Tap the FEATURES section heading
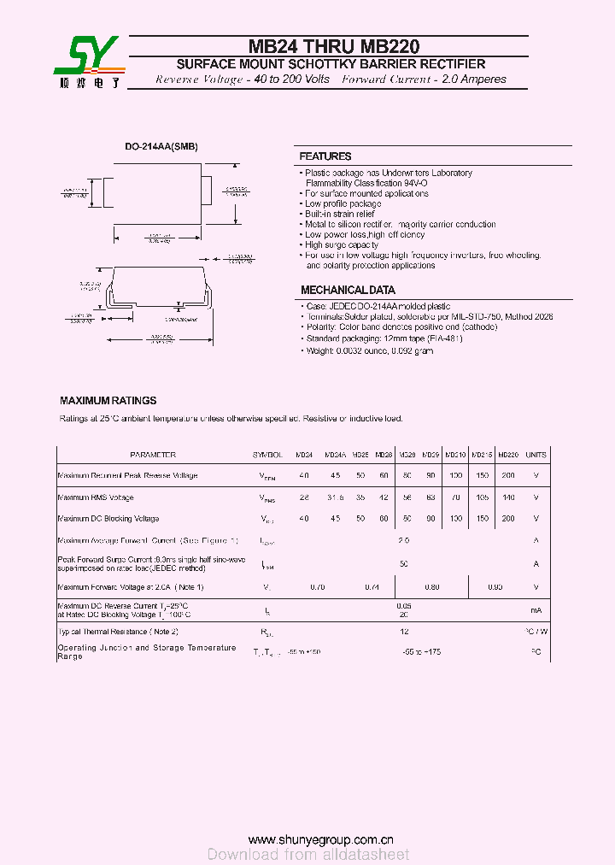(x=325, y=156)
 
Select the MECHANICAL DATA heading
(x=348, y=290)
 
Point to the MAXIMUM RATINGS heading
(x=108, y=400)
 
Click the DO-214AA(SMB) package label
(x=161, y=146)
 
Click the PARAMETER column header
(x=153, y=455)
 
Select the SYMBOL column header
(x=267, y=455)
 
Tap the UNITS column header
(x=536, y=455)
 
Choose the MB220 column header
(x=508, y=455)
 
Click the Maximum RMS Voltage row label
(x=96, y=497)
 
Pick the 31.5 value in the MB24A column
(x=335, y=497)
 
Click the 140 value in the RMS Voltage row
(x=508, y=497)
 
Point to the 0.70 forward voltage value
(x=317, y=587)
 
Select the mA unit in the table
(x=536, y=609)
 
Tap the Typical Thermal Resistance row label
(x=118, y=631)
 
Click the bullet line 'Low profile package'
(x=343, y=203)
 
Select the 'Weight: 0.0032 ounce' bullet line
(x=369, y=351)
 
